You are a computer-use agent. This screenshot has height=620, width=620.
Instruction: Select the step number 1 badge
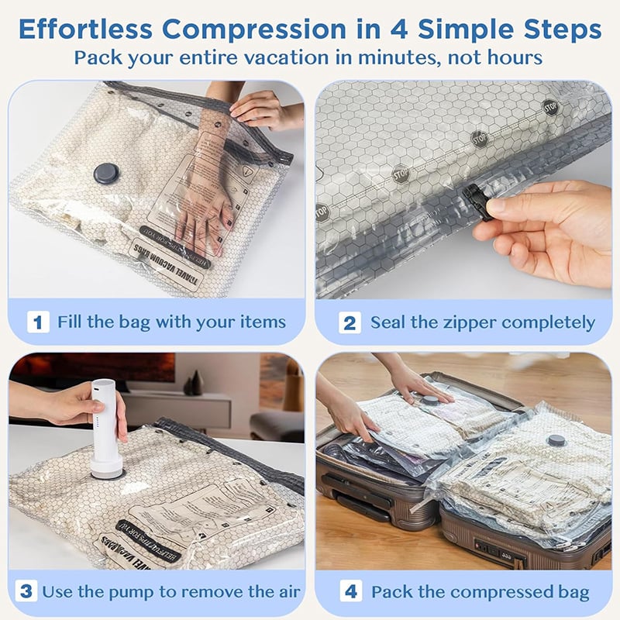pos(38,322)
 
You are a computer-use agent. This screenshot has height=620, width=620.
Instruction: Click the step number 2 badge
pos(350,322)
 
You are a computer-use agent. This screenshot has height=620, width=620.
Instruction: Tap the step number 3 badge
pos(26,591)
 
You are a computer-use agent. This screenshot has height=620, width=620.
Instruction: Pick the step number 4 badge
pos(350,591)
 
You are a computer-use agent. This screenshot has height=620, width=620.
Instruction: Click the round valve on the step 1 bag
pos(106,173)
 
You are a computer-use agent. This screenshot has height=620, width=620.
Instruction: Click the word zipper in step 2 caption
pos(470,322)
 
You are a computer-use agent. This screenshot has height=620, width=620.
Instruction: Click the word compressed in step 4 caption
pos(497,592)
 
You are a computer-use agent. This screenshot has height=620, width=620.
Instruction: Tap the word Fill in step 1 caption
pos(72,322)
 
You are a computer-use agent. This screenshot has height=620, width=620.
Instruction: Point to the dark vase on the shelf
pos(196,383)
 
